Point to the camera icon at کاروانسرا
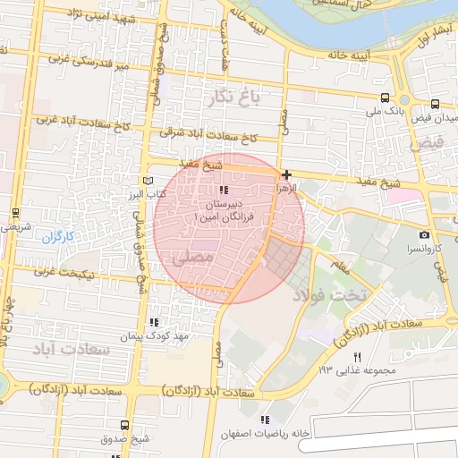(424, 234)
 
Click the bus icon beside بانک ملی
(385, 98)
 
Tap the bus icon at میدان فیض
(435, 104)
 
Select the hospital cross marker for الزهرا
(286, 174)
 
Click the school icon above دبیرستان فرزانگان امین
(224, 191)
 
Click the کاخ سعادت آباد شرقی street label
(208, 135)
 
